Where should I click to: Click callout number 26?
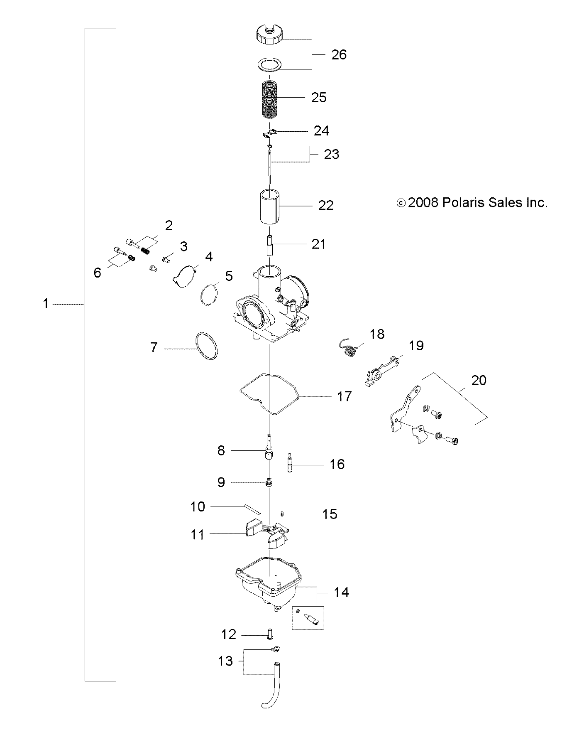click(x=339, y=55)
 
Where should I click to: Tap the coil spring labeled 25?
click(x=270, y=98)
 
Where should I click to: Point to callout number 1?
click(x=46, y=304)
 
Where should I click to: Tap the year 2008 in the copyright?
click(x=423, y=203)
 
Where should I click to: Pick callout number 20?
click(x=479, y=380)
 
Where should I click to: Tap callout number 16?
click(x=337, y=464)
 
